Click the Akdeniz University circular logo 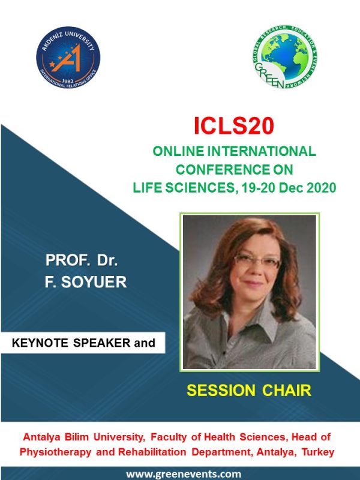[68, 57]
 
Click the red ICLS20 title [234, 126]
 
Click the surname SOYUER [94, 282]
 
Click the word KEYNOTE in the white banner [40, 343]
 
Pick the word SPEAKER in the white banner [101, 343]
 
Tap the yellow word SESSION [221, 391]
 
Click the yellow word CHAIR [287, 391]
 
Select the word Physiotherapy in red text [55, 452]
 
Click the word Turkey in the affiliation [318, 452]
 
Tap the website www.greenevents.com [184, 474]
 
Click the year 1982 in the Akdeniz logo [68, 81]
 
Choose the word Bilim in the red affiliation [77, 437]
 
